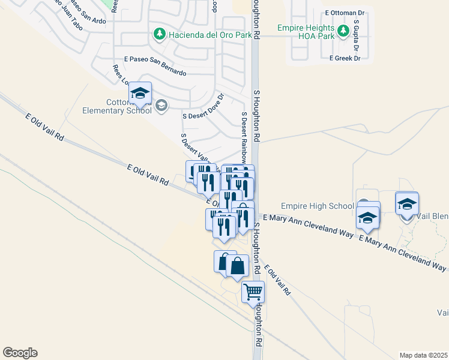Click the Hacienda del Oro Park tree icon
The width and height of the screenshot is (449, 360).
click(x=160, y=34)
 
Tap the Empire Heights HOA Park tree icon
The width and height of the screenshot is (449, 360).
click(x=343, y=30)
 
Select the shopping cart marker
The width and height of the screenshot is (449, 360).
click(x=253, y=292)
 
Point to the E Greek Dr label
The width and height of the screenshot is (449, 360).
click(x=345, y=58)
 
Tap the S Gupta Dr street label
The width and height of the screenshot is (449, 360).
click(x=356, y=35)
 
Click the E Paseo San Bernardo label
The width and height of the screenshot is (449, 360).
click(x=155, y=65)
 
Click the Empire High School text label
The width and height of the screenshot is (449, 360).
click(x=317, y=206)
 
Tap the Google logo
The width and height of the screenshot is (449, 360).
click(x=20, y=353)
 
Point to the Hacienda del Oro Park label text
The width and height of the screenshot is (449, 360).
click(x=202, y=34)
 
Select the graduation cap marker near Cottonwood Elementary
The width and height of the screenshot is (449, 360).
click(x=140, y=93)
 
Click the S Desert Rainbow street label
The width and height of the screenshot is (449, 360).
click(x=244, y=138)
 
